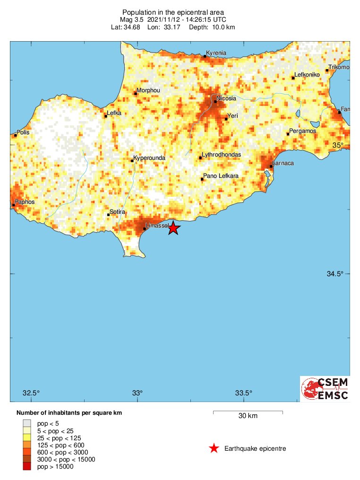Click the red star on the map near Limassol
(x=173, y=227)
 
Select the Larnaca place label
(x=283, y=163)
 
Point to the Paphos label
(x=25, y=202)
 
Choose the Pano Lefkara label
(x=221, y=176)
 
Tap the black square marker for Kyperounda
(x=132, y=161)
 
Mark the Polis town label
(x=23, y=132)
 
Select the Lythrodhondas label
(x=221, y=155)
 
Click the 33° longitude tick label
(x=137, y=393)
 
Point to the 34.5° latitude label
(x=336, y=274)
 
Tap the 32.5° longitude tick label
(x=31, y=393)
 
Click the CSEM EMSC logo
(x=325, y=389)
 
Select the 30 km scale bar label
(x=248, y=416)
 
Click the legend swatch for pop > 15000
(x=27, y=467)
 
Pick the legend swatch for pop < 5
(x=27, y=423)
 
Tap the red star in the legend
(x=214, y=448)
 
